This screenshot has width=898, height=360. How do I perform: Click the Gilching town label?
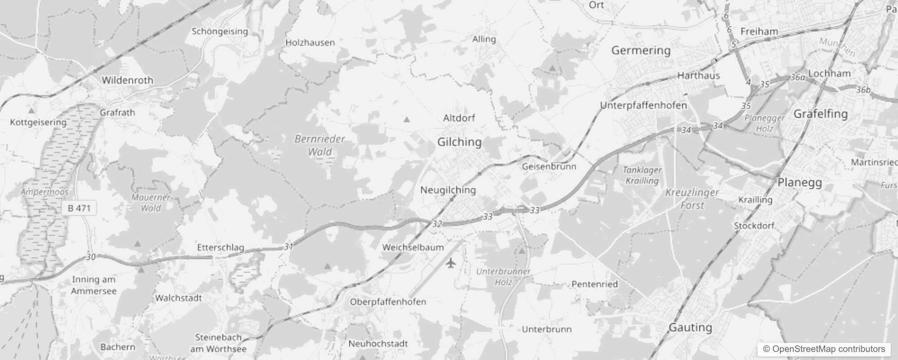(459, 142)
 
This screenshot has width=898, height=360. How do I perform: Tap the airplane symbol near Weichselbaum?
(451, 262)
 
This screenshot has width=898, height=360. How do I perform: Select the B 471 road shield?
(79, 208)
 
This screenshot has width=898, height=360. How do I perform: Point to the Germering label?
(641, 50)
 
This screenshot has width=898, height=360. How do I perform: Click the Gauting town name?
(690, 328)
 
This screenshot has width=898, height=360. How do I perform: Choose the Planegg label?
(799, 183)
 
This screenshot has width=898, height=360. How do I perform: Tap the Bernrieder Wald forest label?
(320, 145)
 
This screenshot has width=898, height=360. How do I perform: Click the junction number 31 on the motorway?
(288, 247)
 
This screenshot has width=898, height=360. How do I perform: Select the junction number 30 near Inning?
(91, 257)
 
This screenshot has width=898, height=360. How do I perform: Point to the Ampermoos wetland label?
(45, 192)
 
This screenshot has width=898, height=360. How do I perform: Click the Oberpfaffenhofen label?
(388, 302)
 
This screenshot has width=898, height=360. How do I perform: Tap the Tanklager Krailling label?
(642, 175)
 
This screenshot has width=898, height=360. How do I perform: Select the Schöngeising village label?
(220, 31)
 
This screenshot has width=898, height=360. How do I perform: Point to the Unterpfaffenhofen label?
(643, 105)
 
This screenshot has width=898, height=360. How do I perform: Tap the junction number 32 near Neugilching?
(437, 224)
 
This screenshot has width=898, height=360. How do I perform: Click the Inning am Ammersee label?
(94, 285)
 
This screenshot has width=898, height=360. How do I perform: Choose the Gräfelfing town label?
(820, 114)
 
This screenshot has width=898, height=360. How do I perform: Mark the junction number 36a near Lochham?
(797, 77)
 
